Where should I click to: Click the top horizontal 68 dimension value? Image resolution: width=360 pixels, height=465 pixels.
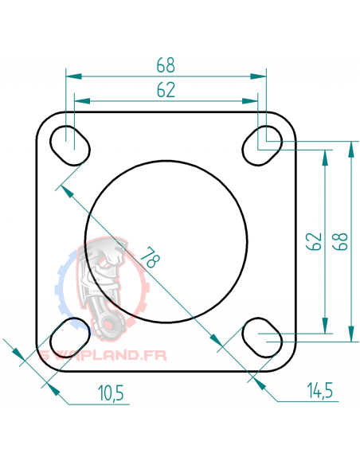[166, 64]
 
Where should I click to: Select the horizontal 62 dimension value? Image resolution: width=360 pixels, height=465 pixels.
[166, 90]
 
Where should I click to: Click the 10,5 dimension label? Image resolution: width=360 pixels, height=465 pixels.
[112, 393]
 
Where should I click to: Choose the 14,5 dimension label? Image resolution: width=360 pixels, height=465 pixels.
[319, 391]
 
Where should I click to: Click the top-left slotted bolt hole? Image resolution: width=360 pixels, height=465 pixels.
[71, 144]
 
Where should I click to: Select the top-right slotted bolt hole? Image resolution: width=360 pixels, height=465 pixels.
[261, 143]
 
